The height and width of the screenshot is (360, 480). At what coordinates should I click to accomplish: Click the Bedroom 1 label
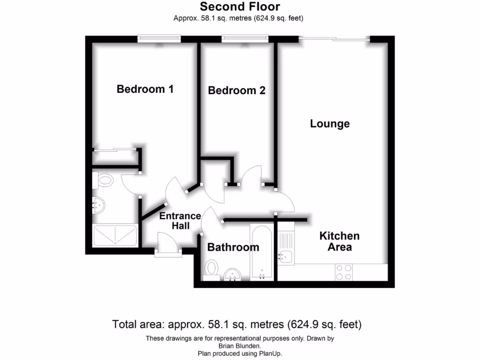click(145, 89)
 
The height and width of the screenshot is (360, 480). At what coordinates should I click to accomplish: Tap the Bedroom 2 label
click(236, 90)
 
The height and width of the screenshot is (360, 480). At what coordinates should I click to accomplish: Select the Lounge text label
click(330, 124)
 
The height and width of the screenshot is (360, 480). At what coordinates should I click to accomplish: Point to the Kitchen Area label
click(339, 241)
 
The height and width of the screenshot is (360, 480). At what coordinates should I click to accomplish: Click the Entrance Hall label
click(180, 221)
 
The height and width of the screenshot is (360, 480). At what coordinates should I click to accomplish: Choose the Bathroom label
click(233, 247)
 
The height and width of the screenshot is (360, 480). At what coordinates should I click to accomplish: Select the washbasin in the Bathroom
click(232, 275)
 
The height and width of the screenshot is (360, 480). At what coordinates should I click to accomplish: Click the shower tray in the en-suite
click(115, 236)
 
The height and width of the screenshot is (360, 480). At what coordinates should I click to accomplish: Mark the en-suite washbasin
click(99, 205)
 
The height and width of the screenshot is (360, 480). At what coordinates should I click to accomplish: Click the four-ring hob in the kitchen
click(344, 272)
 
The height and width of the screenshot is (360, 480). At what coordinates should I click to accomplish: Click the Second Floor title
click(240, 7)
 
